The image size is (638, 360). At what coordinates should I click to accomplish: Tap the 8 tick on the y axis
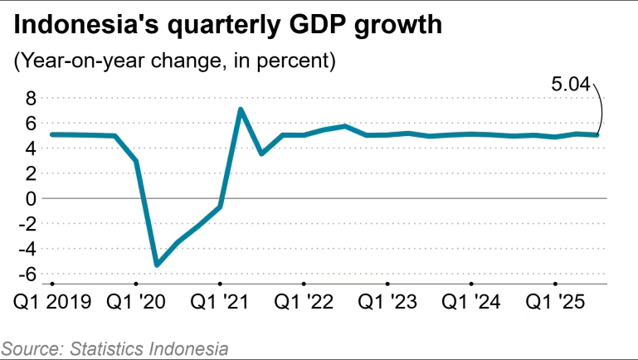click(x=32, y=99)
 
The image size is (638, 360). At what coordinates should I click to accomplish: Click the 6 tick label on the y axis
click(x=32, y=124)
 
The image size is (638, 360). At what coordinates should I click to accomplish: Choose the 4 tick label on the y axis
click(x=32, y=148)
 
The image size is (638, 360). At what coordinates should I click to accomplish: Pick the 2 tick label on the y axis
click(x=32, y=173)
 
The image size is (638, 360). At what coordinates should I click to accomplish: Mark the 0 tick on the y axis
click(x=32, y=199)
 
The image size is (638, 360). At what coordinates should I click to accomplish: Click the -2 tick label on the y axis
click(x=28, y=224)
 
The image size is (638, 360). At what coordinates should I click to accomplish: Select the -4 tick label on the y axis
click(x=28, y=249)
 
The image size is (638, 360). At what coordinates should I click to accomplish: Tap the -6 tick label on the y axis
click(x=28, y=274)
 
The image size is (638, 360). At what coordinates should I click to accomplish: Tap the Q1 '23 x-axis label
click(x=387, y=303)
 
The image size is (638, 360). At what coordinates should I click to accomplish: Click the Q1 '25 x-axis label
click(x=555, y=303)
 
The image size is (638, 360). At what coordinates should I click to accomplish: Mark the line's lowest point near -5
click(x=157, y=265)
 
